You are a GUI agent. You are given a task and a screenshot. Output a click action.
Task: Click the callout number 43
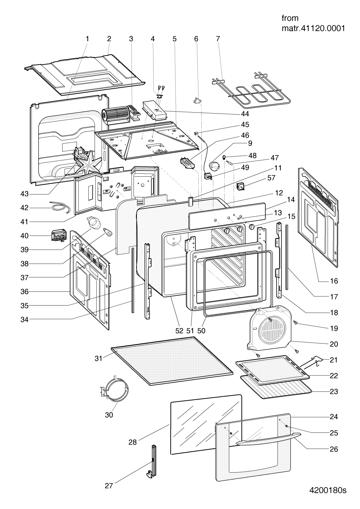point(24,194)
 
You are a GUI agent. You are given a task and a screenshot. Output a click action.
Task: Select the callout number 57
point(271,178)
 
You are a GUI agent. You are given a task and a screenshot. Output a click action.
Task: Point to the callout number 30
point(109,415)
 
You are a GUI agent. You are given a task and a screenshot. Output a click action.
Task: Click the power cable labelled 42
point(59,207)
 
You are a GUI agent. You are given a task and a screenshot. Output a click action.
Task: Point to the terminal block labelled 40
point(59,236)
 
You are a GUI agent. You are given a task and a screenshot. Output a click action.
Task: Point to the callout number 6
point(196,39)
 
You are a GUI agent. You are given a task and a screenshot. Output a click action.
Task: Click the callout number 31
point(99,359)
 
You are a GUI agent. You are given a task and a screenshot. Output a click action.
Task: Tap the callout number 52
point(179,331)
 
